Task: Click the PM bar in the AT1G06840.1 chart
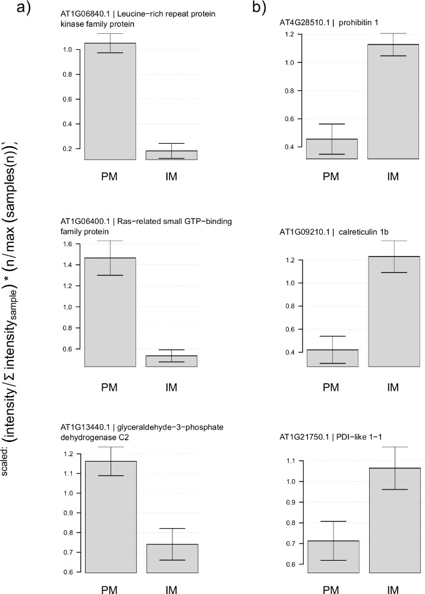coord(109,101)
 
